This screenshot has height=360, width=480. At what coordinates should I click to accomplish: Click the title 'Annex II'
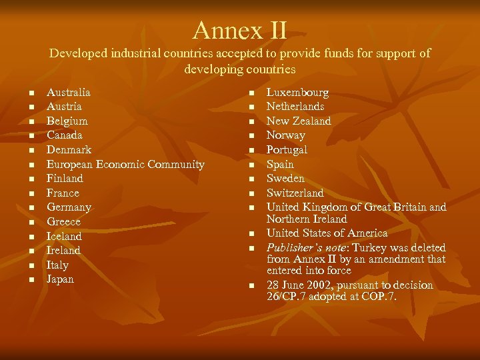[240, 30]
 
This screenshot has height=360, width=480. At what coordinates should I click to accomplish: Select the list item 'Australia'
[68, 92]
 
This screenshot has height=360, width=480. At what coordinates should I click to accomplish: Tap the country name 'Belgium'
[67, 121]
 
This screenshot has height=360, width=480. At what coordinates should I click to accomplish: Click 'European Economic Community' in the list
[125, 164]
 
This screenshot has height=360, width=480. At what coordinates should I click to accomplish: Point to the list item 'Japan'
[60, 279]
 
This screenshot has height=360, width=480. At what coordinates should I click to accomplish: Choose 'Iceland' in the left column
[64, 236]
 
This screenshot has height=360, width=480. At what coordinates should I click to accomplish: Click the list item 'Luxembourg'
[297, 92]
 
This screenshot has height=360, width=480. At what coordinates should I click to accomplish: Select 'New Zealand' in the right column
[299, 121]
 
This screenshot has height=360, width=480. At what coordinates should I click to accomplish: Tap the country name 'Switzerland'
[295, 193]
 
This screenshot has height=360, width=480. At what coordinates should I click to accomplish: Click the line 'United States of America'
[327, 233]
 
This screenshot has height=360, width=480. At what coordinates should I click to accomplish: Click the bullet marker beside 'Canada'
[31, 135]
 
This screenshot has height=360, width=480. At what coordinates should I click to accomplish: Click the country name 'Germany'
[69, 207]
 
